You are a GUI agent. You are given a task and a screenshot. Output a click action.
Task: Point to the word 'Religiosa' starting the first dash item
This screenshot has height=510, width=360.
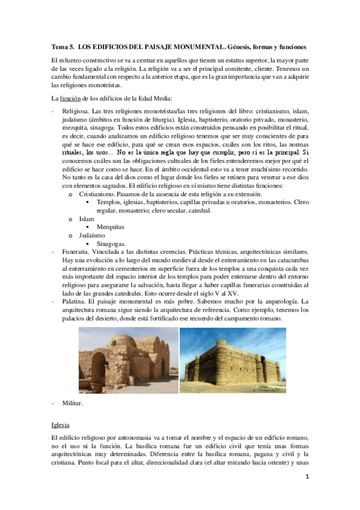click(x=77, y=112)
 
